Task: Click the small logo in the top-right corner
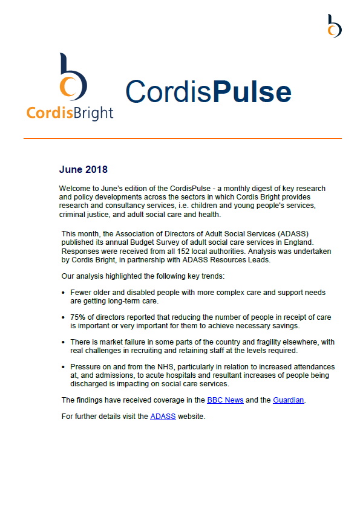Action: coord(334,26)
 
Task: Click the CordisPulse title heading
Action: coord(208,91)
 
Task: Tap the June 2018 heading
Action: coord(83,170)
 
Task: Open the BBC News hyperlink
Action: coord(225,400)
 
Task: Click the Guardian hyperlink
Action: coord(289,400)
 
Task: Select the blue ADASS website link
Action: coord(163,417)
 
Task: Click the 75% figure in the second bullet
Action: coord(79,317)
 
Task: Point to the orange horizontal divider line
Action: coord(182,138)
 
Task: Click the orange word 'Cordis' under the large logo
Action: coord(48,112)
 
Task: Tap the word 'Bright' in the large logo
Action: coord(91,112)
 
